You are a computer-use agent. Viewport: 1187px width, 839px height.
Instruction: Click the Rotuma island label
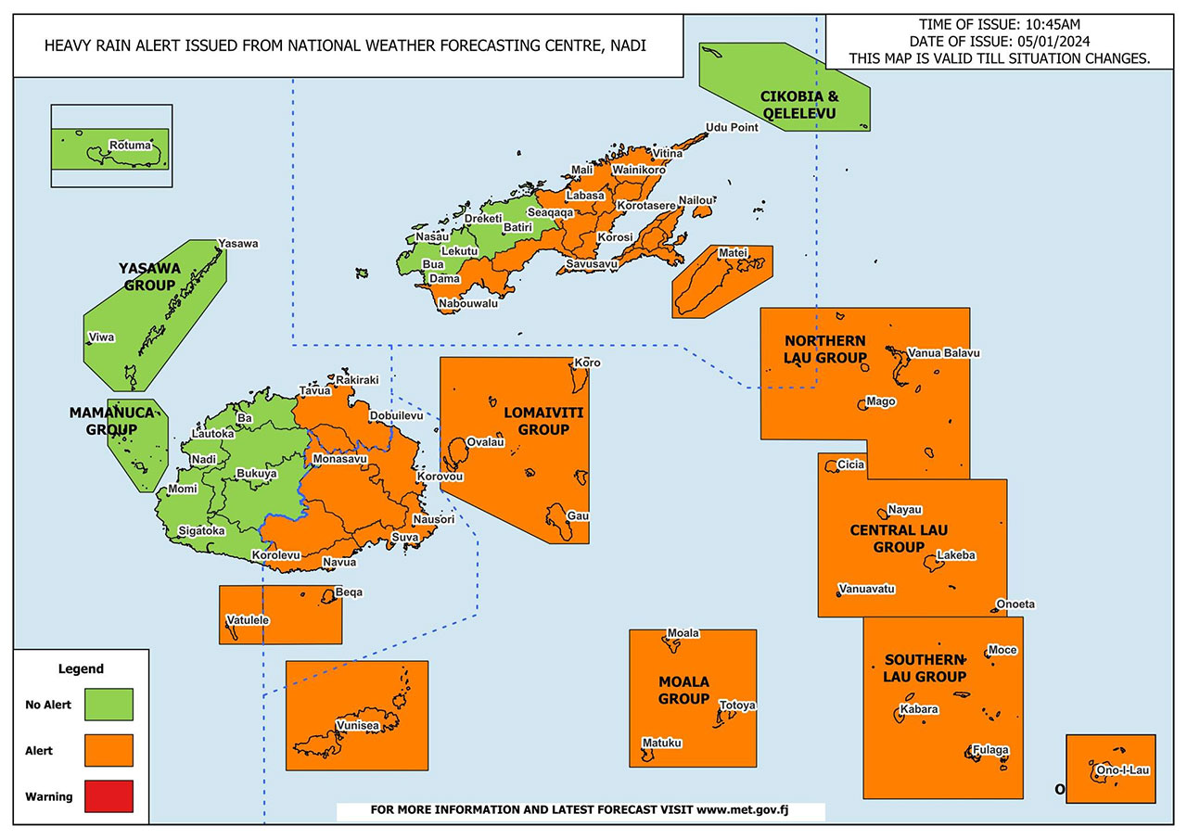coord(129,146)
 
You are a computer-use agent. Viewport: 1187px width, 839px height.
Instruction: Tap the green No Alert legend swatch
coord(108,705)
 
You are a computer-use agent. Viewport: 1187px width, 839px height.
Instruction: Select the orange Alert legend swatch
coord(108,750)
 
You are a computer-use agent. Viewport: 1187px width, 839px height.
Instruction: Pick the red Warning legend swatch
coord(108,795)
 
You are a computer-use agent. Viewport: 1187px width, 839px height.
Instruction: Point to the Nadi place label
coord(203,460)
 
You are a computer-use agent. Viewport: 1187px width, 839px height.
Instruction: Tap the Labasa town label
coord(585,196)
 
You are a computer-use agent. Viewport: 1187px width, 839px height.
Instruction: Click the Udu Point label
coord(732,128)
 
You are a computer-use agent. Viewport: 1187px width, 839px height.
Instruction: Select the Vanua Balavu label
coord(943,353)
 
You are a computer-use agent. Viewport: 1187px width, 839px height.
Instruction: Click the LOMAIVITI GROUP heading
coord(542,420)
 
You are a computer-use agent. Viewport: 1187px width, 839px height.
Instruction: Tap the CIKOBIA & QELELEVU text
coord(798,105)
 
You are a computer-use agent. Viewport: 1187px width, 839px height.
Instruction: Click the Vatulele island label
coord(248,619)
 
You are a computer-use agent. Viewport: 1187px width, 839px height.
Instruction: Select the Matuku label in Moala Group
coord(662,743)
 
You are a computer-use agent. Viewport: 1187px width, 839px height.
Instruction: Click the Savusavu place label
coord(592,265)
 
